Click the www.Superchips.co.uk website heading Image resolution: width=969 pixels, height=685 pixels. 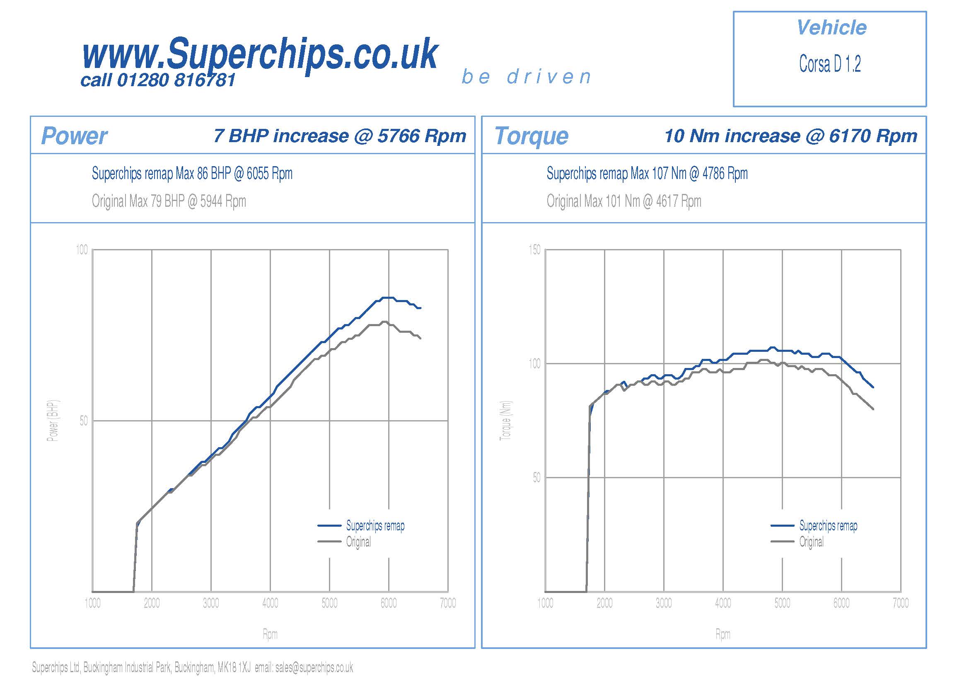point(260,54)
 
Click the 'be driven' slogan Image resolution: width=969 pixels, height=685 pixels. point(526,77)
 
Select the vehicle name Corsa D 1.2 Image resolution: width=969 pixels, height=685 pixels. point(830,64)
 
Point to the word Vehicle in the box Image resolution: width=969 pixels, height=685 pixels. point(831,28)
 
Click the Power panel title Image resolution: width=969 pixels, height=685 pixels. point(74,136)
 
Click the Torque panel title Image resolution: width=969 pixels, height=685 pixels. point(532,136)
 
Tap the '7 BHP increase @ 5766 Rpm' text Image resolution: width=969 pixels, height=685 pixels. point(340,136)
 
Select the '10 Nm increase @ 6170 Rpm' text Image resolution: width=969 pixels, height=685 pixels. point(791,136)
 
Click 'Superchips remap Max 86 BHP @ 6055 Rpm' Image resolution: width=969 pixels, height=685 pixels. point(192,174)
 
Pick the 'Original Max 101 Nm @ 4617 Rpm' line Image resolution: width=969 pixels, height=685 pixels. point(624,201)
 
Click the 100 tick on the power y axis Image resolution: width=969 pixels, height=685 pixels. point(82,250)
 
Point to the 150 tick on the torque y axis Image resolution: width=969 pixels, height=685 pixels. point(534,250)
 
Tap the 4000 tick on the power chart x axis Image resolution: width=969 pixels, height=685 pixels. point(270,603)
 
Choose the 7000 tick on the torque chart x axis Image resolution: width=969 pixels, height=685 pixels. point(901,603)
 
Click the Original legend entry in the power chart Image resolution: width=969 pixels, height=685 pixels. point(358,542)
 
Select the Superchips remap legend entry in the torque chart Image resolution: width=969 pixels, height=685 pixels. point(828,526)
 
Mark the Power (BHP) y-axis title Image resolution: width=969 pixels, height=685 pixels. point(53,421)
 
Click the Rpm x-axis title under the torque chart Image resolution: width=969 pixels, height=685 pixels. point(723,634)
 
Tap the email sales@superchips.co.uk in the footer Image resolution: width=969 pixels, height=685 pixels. point(314,668)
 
